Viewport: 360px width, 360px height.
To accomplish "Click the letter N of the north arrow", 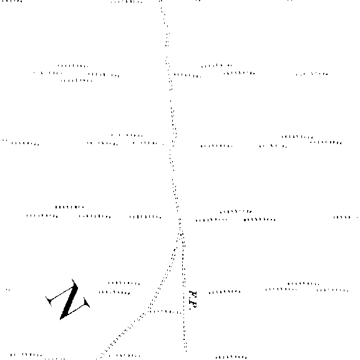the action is coord(69,299).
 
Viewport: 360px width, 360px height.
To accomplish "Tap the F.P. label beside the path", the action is coord(193,300).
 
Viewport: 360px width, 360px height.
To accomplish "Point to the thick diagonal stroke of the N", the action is coord(69,301).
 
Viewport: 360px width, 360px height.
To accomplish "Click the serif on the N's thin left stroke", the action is coord(49,301).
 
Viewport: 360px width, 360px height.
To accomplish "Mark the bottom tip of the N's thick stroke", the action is coord(61,319).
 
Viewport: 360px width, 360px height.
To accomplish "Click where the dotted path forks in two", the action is coord(181,234).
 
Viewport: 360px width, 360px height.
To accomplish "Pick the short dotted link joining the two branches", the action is coord(166,312).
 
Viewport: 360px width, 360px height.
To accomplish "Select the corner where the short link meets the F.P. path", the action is coord(183,313).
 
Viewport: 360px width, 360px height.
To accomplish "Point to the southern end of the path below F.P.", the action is coord(186,351).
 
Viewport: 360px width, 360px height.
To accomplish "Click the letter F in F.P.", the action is coord(193,294).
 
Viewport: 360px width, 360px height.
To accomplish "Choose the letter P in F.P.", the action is coord(192,305).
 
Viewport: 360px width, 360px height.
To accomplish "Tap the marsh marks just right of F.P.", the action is coord(225,292).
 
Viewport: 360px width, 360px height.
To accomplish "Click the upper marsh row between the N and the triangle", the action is coord(124,283).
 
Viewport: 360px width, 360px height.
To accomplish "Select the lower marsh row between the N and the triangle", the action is coord(114,293).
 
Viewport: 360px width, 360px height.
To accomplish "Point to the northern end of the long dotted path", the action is coord(161,1).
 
